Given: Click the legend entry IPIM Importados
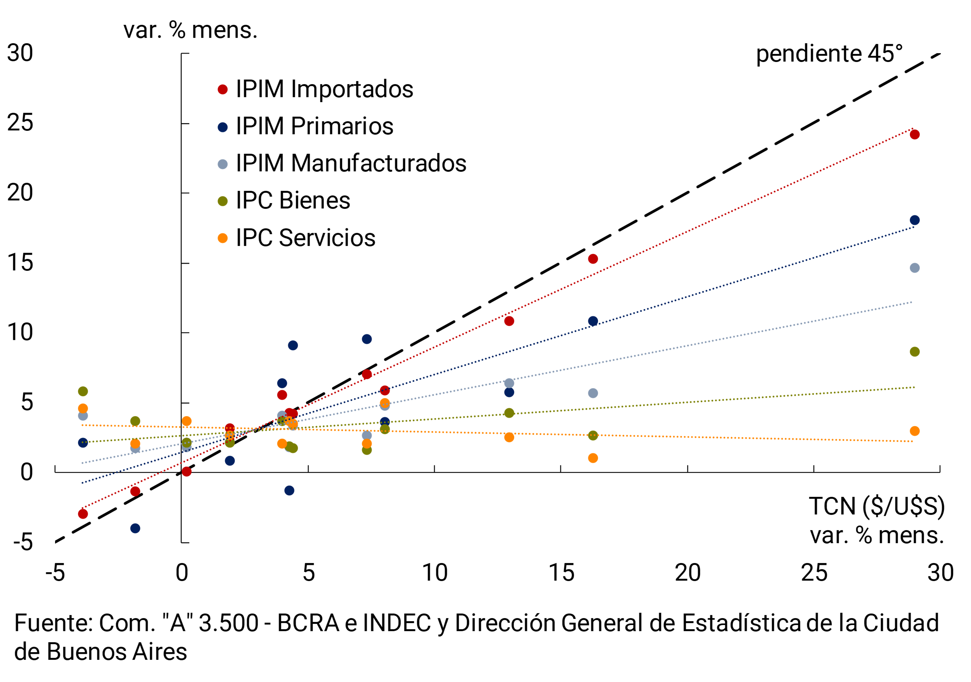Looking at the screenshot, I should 324,89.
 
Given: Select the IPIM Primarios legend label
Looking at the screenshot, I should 314,126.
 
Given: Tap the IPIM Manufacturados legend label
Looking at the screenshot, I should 351,163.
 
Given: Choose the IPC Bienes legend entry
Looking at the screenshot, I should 293,200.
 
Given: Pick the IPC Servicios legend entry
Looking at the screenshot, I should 305,238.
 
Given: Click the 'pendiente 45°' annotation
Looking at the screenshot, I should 829,54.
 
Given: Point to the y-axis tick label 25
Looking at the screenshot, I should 20,123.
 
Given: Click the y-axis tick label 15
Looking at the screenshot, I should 20,263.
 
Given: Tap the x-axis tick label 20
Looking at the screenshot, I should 687,573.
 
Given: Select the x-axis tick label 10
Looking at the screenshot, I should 434,573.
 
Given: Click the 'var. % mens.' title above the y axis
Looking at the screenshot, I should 190,31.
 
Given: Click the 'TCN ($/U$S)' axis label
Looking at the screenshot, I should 876,506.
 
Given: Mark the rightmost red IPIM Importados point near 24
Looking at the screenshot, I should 914,135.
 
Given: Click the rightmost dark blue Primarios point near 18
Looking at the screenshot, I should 914,220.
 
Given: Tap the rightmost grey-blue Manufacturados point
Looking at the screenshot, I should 914,268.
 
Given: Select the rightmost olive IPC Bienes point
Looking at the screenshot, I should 914,352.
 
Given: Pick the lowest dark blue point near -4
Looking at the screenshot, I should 135,528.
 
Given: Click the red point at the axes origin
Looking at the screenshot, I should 187,471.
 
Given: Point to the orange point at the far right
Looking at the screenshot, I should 914,431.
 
